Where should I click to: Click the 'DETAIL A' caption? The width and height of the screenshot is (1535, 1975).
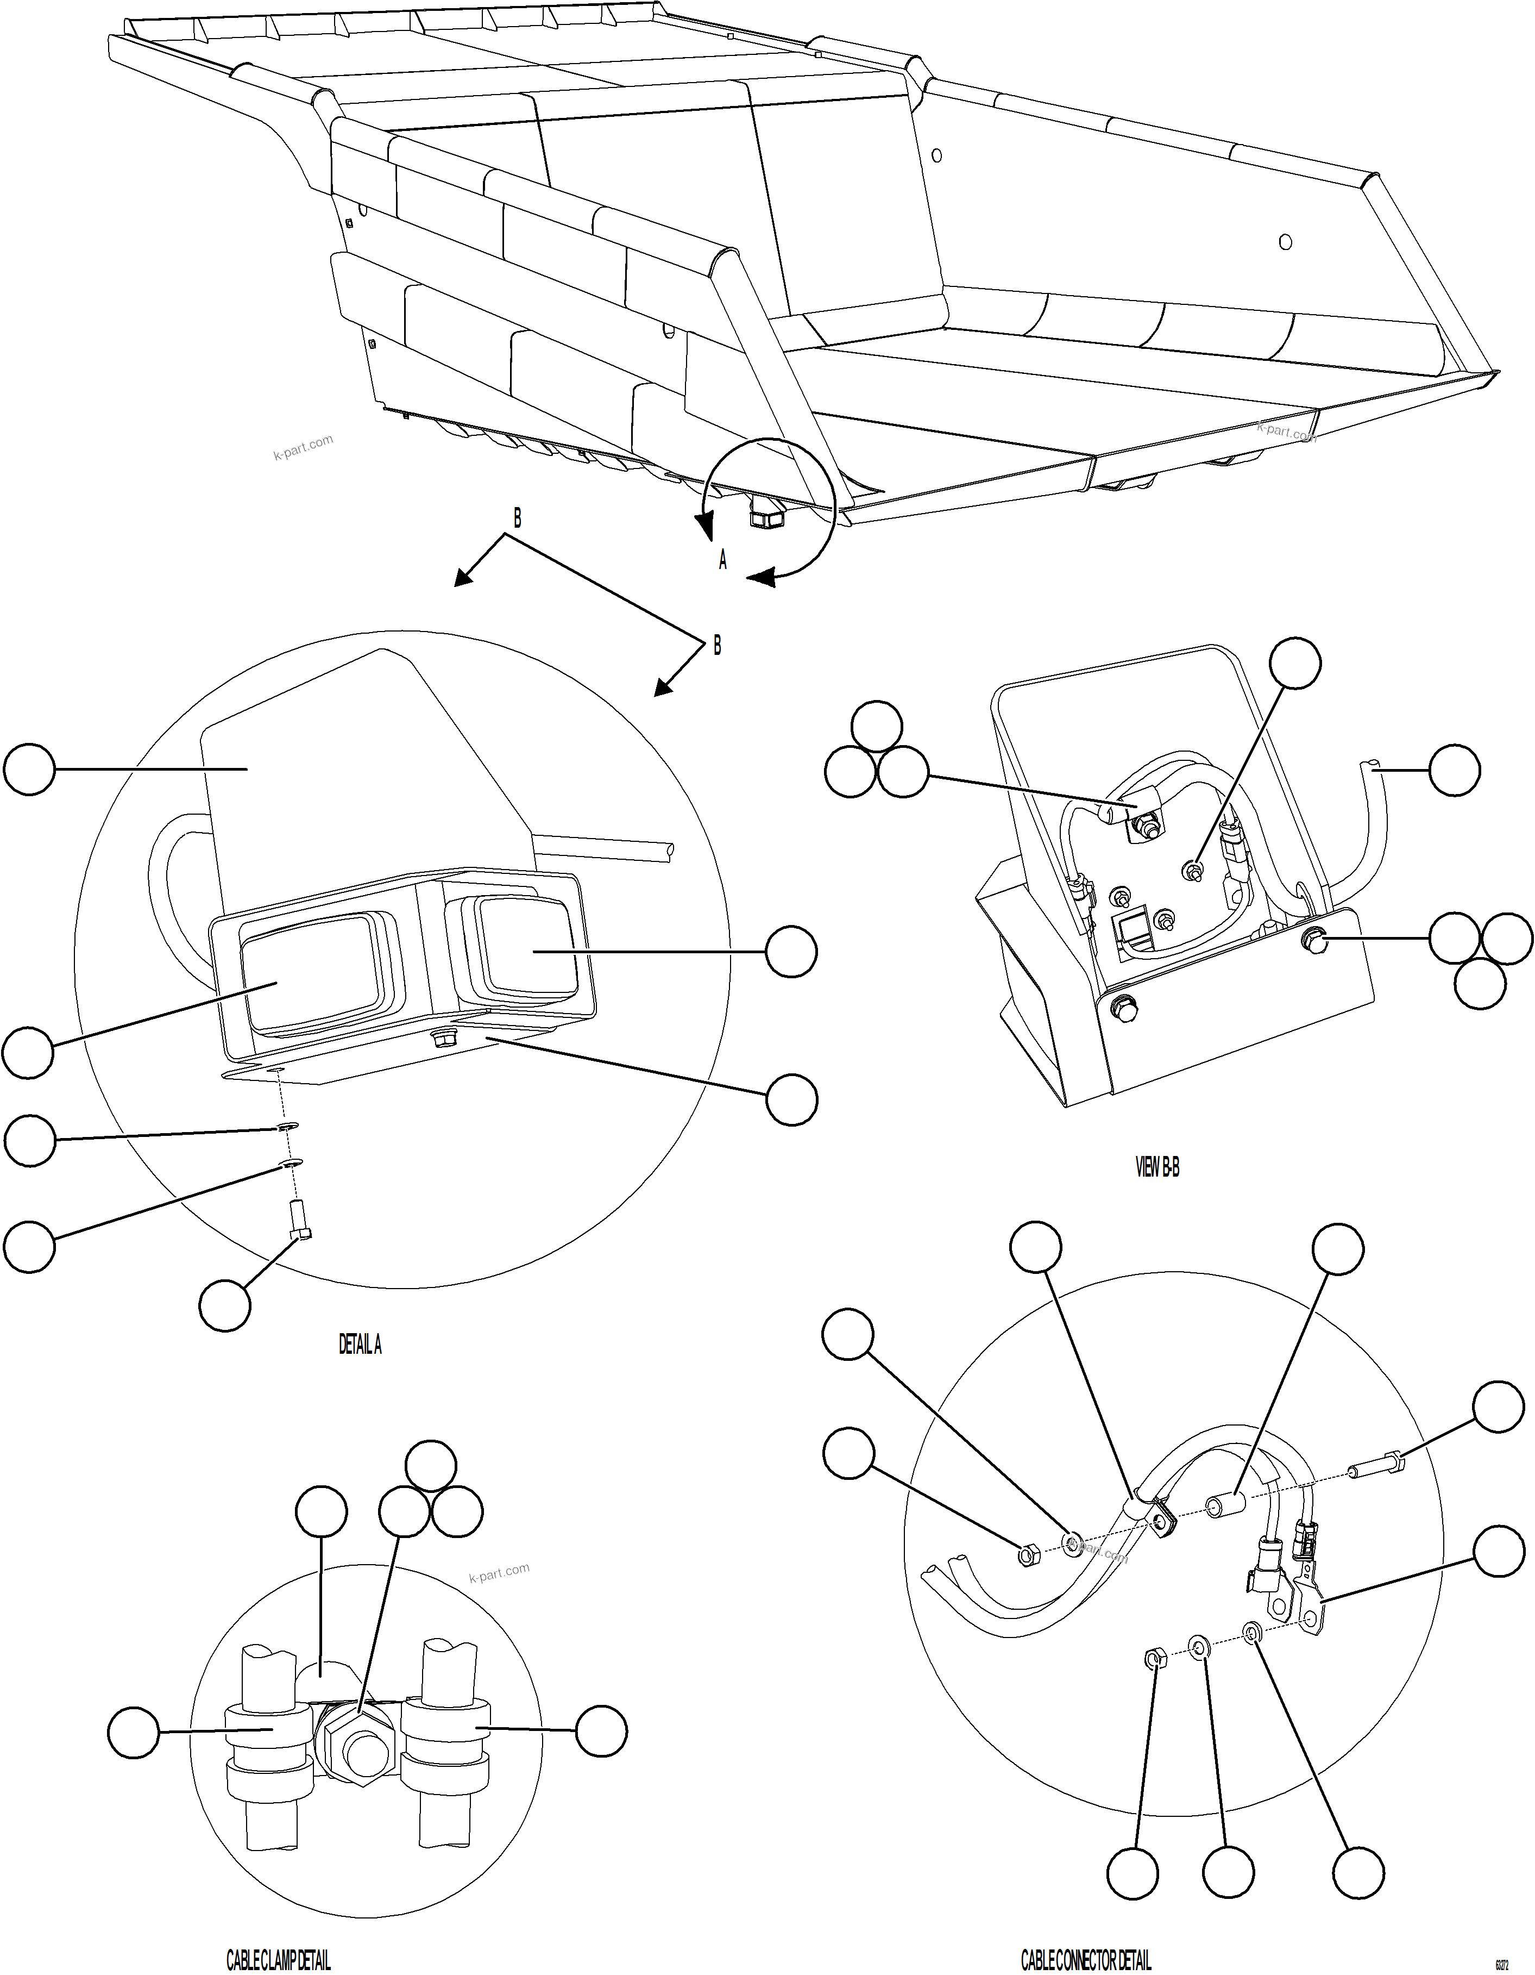[360, 1345]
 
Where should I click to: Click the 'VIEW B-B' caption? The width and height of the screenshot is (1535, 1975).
[1157, 1167]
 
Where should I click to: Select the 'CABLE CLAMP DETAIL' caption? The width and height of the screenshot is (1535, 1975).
[279, 1960]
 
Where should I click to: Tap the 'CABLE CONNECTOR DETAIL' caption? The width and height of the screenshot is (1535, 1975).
[1086, 1960]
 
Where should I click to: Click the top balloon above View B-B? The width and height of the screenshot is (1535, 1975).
[1294, 663]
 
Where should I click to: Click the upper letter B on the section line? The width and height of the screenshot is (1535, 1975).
[517, 518]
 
